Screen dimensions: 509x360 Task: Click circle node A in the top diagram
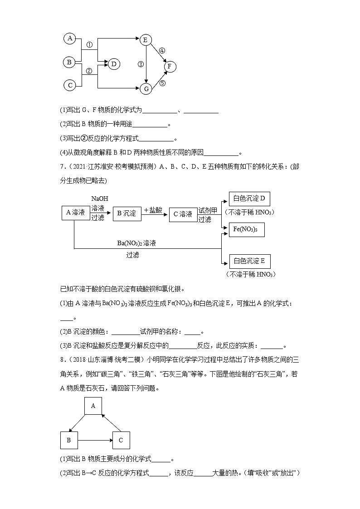click(x=69, y=39)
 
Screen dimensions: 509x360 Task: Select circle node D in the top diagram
click(x=114, y=64)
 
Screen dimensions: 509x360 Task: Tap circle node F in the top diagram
click(x=170, y=67)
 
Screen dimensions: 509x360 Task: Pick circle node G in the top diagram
click(x=146, y=89)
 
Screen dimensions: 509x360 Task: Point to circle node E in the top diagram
click(x=145, y=40)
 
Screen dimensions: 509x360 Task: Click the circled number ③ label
click(x=141, y=64)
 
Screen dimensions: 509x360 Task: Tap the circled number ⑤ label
click(x=162, y=83)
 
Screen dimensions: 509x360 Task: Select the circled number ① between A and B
click(x=89, y=45)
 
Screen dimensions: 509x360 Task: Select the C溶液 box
click(x=183, y=214)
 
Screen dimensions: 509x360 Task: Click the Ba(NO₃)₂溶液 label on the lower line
click(x=136, y=243)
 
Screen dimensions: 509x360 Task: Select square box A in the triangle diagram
click(x=93, y=406)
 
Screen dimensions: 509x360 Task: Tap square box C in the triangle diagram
click(x=121, y=440)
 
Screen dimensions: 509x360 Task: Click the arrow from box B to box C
click(x=95, y=440)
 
